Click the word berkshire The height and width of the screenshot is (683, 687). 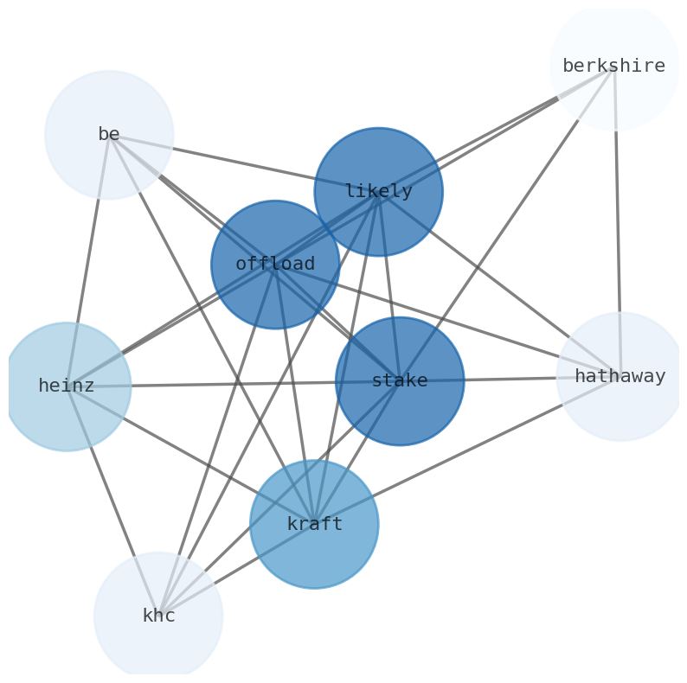(613, 66)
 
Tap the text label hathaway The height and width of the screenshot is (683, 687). (620, 376)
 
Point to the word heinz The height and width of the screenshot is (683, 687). (67, 386)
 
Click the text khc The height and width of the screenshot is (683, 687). (158, 616)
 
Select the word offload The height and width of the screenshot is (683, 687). (275, 264)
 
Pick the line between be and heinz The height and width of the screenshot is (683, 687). (87, 259)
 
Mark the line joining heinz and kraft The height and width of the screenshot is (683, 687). (190, 455)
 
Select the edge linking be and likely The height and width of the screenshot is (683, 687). (242, 163)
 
